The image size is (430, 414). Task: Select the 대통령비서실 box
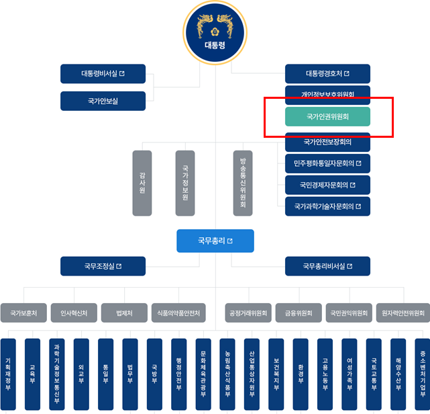pos(103,73)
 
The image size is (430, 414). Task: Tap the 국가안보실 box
pos(103,101)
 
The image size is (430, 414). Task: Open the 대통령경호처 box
pos(327,73)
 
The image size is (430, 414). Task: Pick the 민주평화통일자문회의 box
pos(327,163)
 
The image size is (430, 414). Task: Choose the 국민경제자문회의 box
pos(327,184)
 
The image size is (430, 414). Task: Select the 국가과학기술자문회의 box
pos(327,206)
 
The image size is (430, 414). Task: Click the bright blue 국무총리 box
pos(215,241)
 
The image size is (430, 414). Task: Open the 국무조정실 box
pos(103,266)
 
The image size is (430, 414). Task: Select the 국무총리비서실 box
pos(327,266)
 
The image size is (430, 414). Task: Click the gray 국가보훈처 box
pos(23,313)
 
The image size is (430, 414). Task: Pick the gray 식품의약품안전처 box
pos(178,313)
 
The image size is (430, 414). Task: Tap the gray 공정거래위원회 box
pos(248,313)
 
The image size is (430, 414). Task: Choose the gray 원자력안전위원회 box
pos(402,313)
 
